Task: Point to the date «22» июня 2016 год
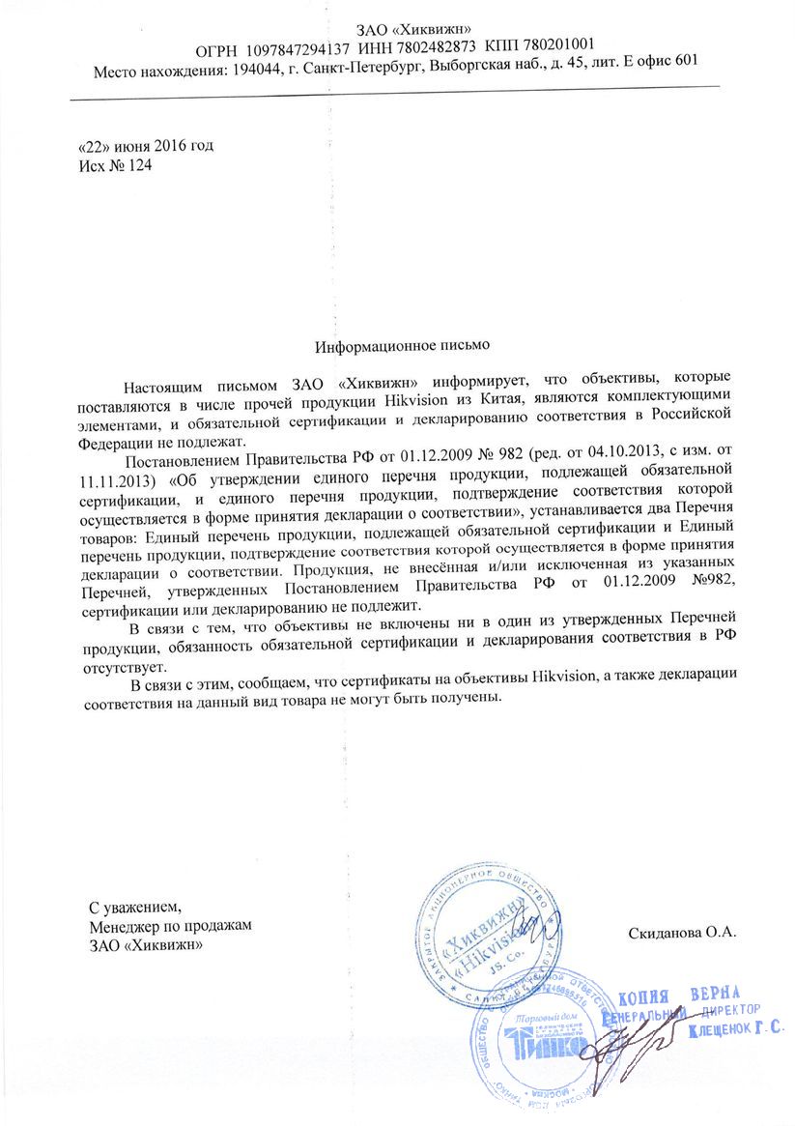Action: tap(145, 147)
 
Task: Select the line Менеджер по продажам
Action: tap(169, 926)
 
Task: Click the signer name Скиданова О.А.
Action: tap(682, 933)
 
